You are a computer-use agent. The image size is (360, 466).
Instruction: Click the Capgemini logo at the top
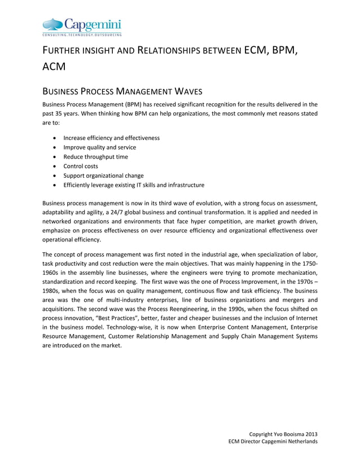[82, 24]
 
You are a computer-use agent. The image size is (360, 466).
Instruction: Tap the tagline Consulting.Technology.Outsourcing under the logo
[82, 35]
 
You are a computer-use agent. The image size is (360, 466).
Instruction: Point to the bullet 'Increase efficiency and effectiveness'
[111, 138]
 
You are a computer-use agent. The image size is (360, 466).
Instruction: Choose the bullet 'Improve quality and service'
[99, 147]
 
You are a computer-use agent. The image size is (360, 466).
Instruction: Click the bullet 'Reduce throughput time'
[95, 157]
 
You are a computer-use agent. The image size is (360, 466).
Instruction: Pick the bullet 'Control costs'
[80, 166]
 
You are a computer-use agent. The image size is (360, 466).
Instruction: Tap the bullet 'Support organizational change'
[103, 175]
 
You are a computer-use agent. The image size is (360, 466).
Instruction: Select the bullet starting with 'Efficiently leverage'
[134, 185]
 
